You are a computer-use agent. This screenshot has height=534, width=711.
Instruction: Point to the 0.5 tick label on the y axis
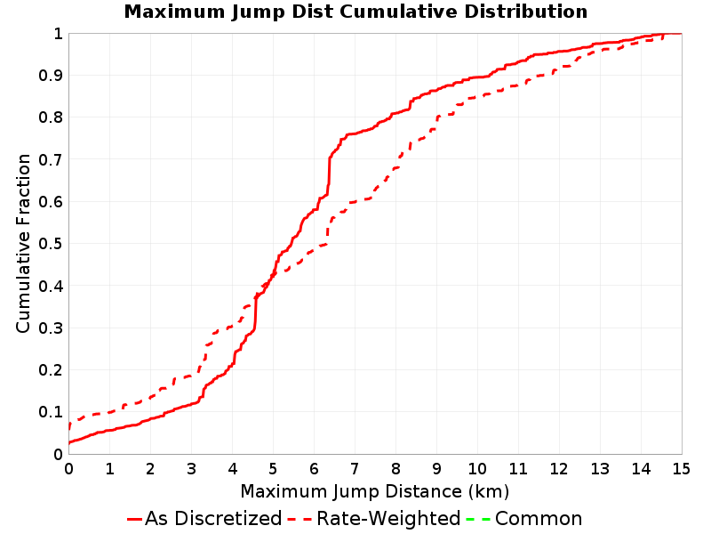coord(51,244)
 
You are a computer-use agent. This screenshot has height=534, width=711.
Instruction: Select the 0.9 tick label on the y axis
coord(51,76)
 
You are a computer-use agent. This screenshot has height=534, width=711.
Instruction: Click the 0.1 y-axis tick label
coord(51,412)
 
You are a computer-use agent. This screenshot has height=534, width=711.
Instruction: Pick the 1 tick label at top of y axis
coord(59,34)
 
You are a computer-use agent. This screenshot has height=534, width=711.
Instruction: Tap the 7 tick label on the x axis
coord(355,469)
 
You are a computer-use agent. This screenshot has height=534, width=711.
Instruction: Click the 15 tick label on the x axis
coord(681,469)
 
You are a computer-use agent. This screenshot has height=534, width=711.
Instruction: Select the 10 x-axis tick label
coord(477,469)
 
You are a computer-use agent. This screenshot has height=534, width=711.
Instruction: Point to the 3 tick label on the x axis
coord(191,469)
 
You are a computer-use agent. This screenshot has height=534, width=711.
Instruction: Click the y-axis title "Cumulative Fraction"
coord(23,243)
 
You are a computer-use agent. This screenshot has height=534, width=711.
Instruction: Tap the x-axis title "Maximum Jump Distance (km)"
coord(374,492)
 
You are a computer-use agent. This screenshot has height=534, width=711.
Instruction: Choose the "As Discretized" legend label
coord(213,519)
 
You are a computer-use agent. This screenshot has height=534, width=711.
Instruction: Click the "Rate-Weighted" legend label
coord(388,519)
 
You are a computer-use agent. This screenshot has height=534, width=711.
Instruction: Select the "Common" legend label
coord(539,519)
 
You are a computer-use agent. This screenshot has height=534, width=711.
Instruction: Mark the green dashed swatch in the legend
coord(478,519)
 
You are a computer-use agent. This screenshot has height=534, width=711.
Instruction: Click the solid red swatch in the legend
coord(135,519)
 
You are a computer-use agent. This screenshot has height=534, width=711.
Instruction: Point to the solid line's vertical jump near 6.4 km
coord(328,176)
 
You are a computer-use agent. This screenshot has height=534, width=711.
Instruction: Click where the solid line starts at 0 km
coord(69,442)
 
